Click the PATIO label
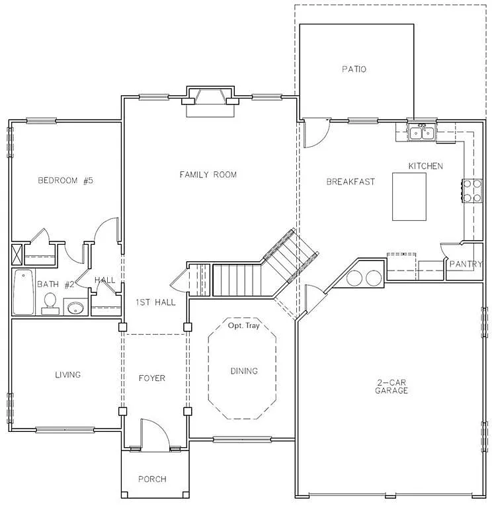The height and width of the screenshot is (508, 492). point(354,69)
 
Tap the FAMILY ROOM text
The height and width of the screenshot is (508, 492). point(208,175)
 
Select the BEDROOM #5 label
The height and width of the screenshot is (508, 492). point(65,181)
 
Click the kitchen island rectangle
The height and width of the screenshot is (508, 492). point(409,196)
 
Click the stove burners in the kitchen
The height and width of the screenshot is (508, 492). point(471,190)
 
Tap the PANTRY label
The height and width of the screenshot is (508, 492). point(466,264)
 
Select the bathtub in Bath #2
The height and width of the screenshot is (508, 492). point(22,292)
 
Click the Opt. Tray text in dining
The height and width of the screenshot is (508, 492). point(243,326)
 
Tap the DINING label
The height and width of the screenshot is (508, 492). point(243,371)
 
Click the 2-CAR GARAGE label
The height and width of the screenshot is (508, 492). point(392,386)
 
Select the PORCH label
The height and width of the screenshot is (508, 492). point(152,479)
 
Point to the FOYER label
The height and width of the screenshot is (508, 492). point(151,378)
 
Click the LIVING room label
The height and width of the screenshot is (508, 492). point(67,374)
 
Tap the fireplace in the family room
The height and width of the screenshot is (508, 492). point(210,100)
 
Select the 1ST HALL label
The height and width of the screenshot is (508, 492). point(155,302)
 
